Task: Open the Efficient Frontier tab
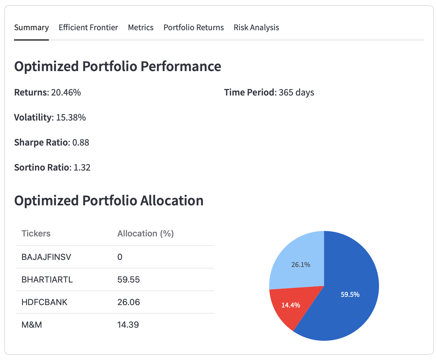(x=88, y=27)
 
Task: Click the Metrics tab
(x=141, y=27)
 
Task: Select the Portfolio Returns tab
(x=193, y=27)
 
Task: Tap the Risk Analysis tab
(x=256, y=27)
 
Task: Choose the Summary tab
(x=31, y=27)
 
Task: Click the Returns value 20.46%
(x=66, y=92)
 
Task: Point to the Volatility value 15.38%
(x=71, y=117)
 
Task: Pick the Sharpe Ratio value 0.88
(x=81, y=142)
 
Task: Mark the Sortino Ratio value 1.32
(x=82, y=167)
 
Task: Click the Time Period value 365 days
(x=296, y=92)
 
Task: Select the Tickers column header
(x=36, y=234)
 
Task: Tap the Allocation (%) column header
(x=146, y=234)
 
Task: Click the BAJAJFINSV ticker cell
(x=46, y=257)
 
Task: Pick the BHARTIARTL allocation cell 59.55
(x=128, y=280)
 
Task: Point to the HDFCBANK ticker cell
(x=45, y=302)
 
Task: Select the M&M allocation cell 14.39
(x=128, y=325)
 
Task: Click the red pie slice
(x=287, y=308)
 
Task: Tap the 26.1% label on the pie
(x=301, y=265)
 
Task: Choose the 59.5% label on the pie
(x=350, y=295)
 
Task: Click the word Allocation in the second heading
(x=172, y=201)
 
